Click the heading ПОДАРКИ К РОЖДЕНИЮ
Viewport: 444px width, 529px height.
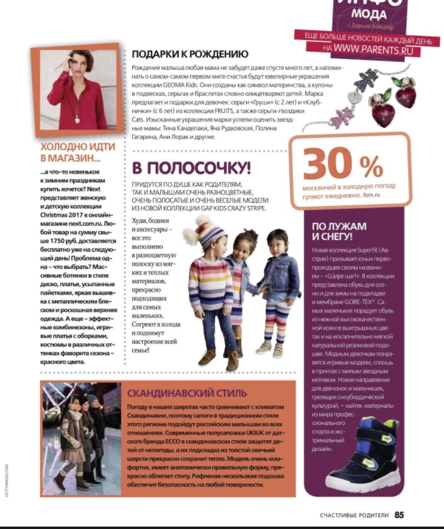tap(190, 54)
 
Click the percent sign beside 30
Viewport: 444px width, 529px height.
tap(371, 166)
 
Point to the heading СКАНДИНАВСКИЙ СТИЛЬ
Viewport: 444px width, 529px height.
tap(187, 393)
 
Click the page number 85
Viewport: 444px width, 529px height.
tap(399, 515)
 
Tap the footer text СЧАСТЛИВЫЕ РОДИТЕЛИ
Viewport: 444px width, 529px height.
tap(354, 516)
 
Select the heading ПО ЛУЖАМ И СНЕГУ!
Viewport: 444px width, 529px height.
tap(339, 231)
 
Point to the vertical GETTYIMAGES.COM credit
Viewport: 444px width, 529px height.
tap(7, 482)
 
